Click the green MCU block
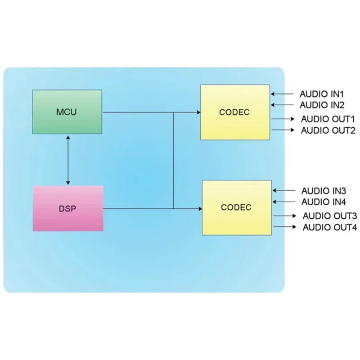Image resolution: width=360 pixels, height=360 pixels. click(x=67, y=112)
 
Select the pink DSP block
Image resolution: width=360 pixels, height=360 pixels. click(x=68, y=209)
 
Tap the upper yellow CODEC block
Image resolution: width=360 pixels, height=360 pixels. click(x=234, y=112)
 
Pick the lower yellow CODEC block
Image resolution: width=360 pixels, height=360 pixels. click(x=236, y=207)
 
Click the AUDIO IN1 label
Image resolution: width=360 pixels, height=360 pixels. click(x=322, y=94)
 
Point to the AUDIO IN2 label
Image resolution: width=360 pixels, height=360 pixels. click(x=322, y=106)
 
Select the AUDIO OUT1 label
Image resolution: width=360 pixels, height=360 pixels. click(x=328, y=120)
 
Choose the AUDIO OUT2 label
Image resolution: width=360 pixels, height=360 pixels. click(x=328, y=131)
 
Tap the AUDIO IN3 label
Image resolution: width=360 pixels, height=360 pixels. click(x=323, y=191)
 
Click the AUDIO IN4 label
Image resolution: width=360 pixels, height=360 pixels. click(x=323, y=202)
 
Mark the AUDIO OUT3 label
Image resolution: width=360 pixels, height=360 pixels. click(x=329, y=216)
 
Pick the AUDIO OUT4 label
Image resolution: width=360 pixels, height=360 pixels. click(x=329, y=227)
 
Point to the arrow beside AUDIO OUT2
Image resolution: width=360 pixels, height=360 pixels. click(x=283, y=130)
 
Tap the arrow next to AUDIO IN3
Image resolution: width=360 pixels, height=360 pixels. click(x=284, y=191)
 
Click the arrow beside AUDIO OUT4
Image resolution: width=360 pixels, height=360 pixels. click(x=285, y=227)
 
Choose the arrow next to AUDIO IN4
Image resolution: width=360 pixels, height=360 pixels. click(x=284, y=202)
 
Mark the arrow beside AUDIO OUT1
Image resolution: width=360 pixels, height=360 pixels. click(x=283, y=120)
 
